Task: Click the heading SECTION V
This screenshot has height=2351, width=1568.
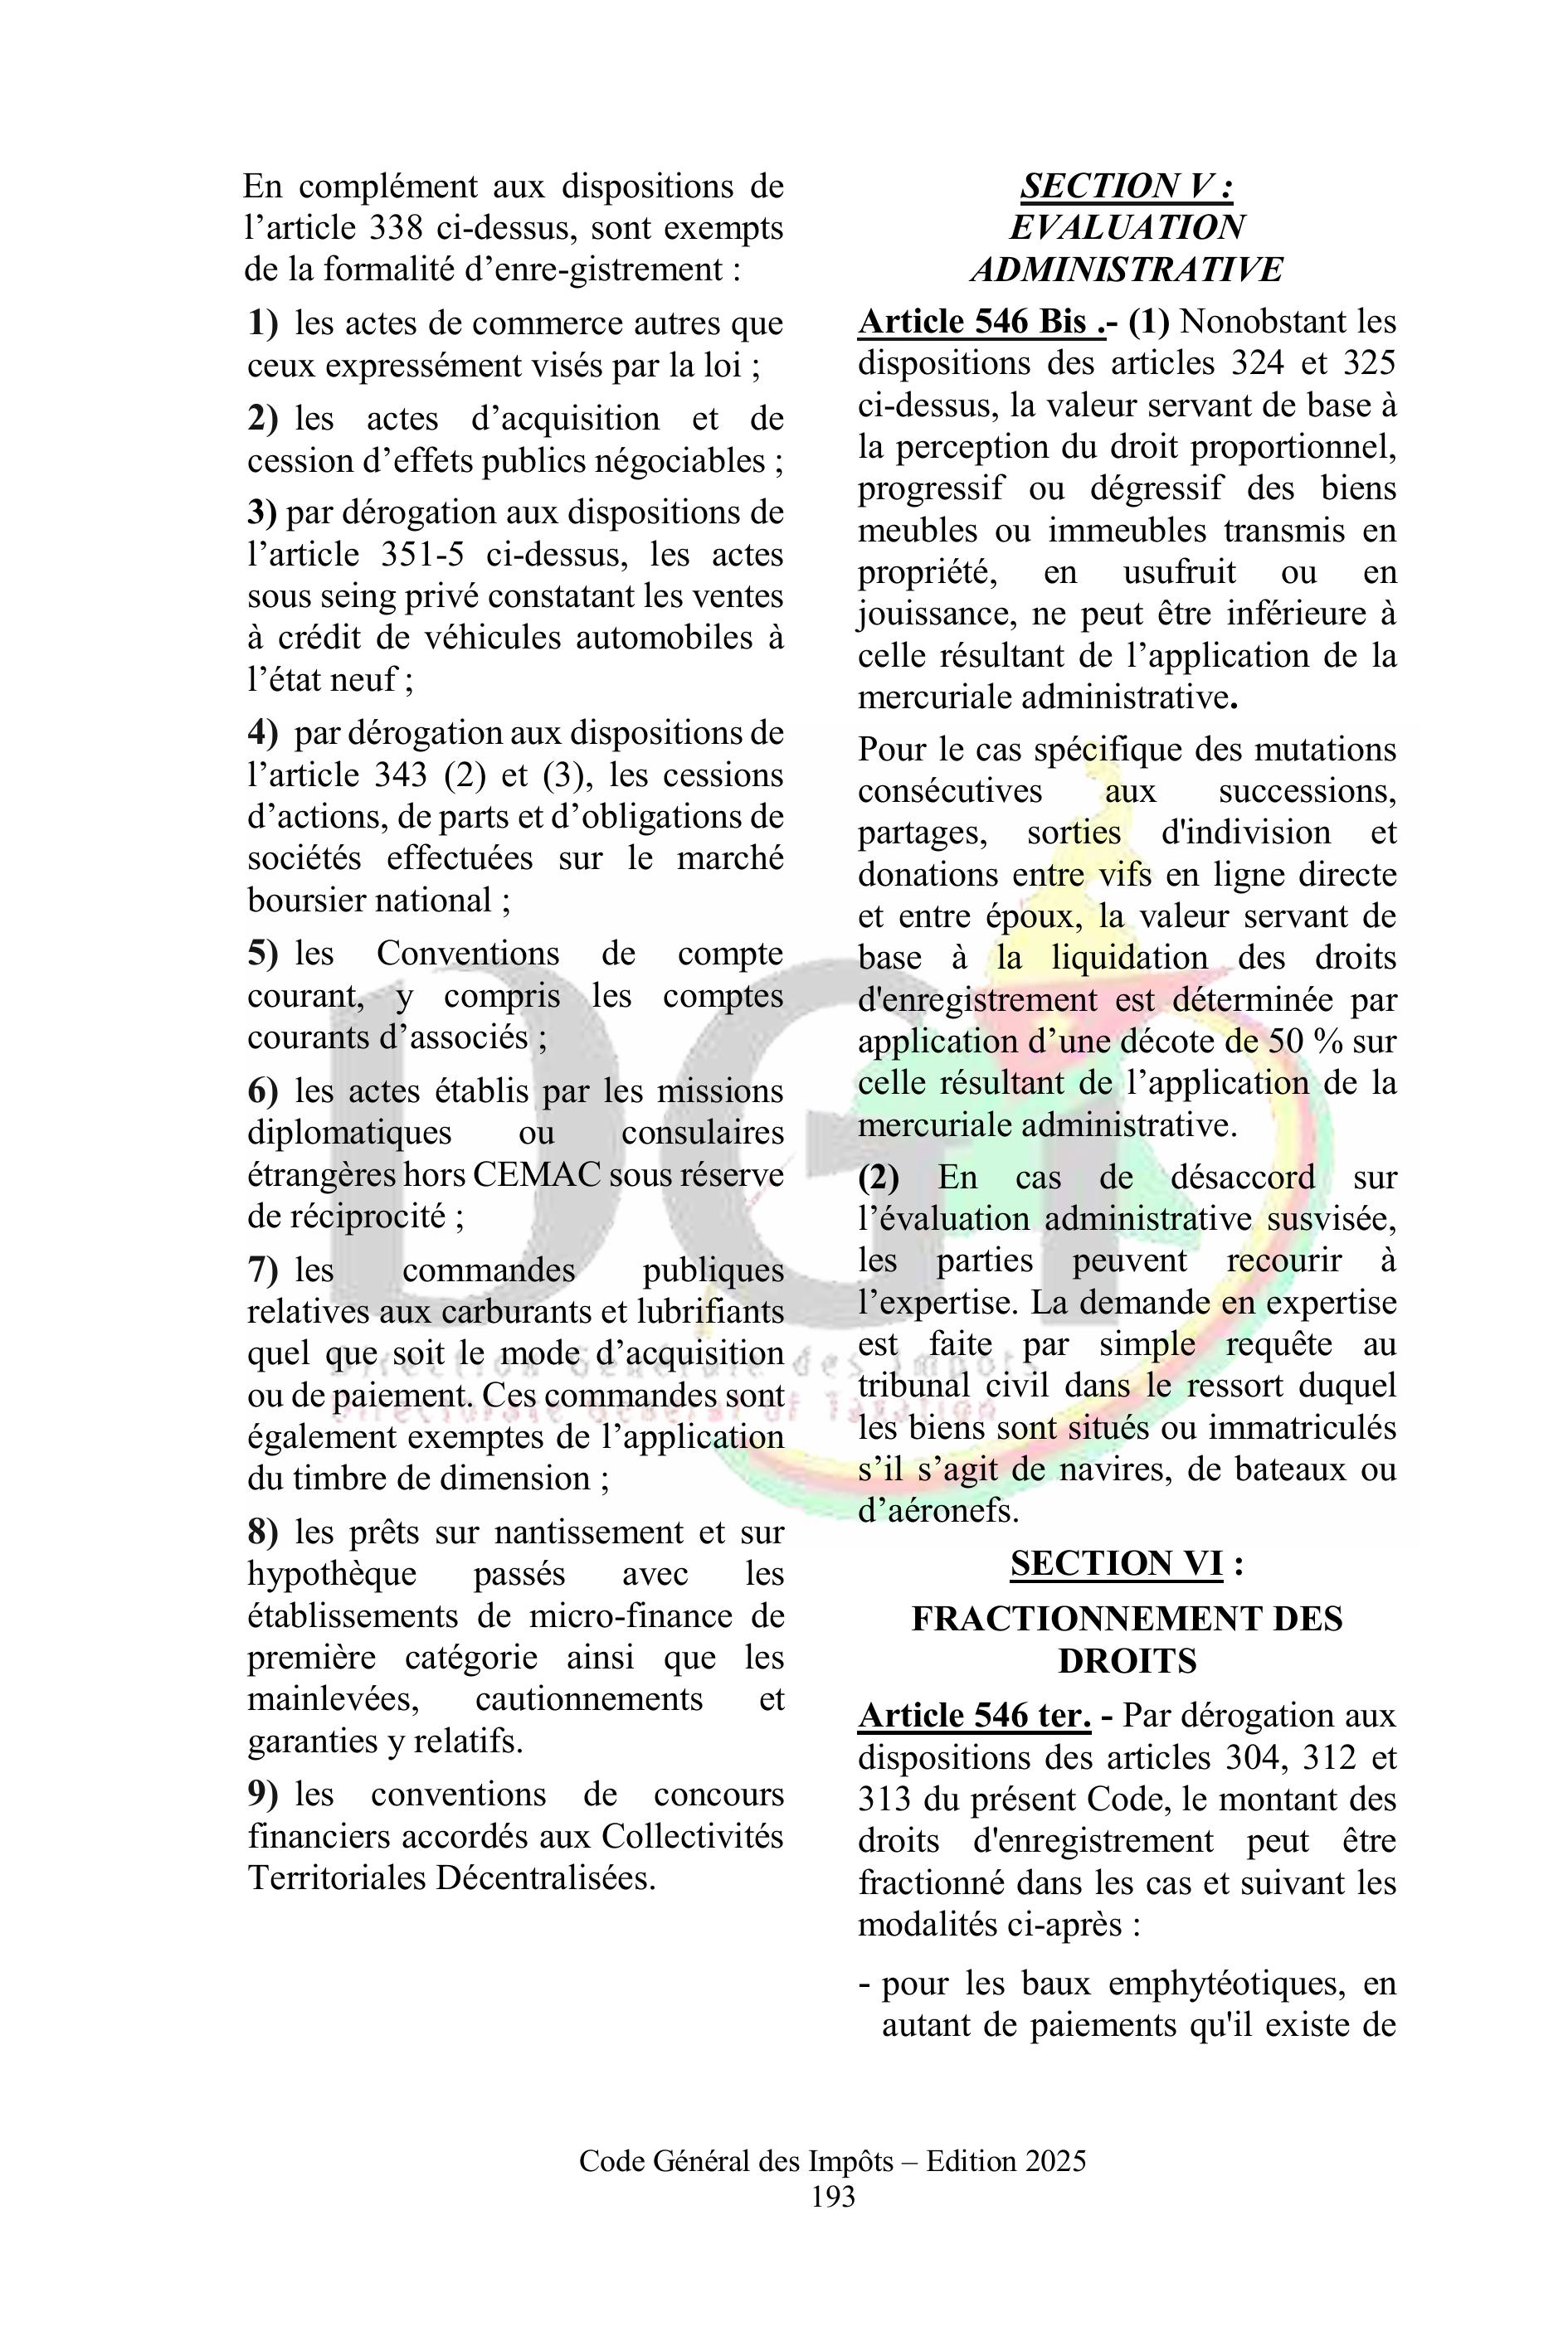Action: [1126, 186]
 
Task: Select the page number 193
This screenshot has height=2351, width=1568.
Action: [833, 2196]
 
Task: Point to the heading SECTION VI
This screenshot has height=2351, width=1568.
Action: [1116, 1563]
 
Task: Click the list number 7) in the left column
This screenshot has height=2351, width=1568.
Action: [263, 1270]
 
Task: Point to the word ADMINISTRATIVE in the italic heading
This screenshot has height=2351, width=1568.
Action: [1126, 270]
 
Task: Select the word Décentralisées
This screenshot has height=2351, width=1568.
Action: [546, 1878]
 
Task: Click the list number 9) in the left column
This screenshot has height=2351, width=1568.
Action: [263, 1795]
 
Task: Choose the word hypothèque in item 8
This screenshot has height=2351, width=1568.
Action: [332, 1574]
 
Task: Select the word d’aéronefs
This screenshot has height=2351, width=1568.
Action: [938, 1510]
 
